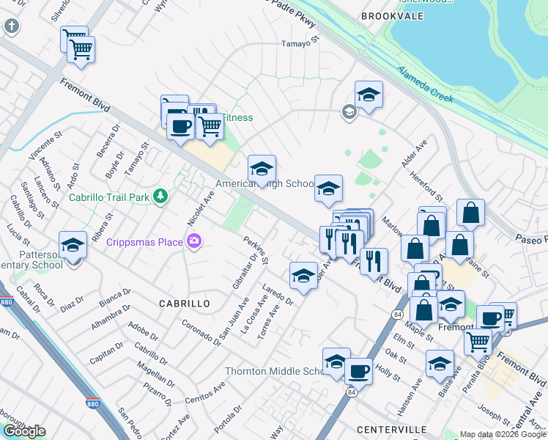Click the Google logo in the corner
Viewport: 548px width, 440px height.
point(24,431)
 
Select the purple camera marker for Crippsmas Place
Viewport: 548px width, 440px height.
point(194,241)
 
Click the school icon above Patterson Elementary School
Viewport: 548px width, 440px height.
point(73,244)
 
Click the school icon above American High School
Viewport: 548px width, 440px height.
point(262,168)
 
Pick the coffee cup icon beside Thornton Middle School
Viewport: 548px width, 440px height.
point(359,370)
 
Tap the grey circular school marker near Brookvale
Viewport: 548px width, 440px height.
point(349,111)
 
